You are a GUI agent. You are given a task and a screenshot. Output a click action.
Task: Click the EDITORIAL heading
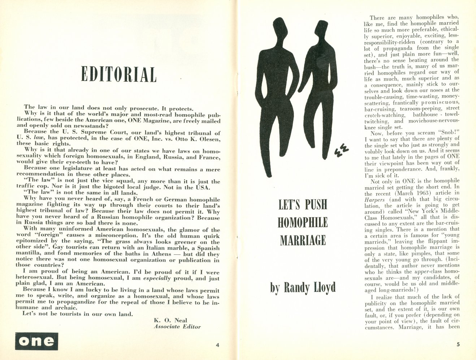point(119,74)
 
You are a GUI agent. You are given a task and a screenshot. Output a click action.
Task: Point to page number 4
point(217,345)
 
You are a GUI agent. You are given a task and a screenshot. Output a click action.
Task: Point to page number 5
point(458,344)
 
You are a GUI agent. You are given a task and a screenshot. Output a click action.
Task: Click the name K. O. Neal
point(170,320)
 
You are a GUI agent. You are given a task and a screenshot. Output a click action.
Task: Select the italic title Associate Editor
point(177,326)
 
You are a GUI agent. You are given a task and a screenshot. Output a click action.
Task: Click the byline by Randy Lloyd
point(303,288)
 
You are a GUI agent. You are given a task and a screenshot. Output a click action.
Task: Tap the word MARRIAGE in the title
point(303,240)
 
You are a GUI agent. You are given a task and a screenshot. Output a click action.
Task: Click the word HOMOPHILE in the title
point(303,222)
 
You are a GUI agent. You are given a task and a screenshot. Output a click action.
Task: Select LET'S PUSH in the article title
point(303,205)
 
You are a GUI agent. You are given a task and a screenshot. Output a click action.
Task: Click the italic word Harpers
point(375,199)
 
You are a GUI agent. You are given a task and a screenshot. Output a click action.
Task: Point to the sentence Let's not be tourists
point(78,314)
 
